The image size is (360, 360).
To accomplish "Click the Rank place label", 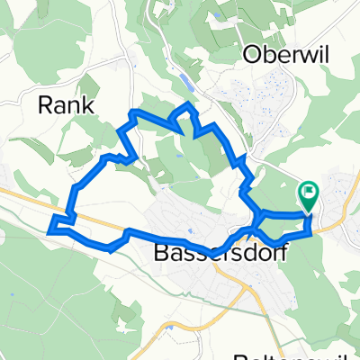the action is [x=67, y=104].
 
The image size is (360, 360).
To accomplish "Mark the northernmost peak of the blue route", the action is [x=188, y=106].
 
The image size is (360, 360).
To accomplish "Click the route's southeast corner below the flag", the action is [x=311, y=232].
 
